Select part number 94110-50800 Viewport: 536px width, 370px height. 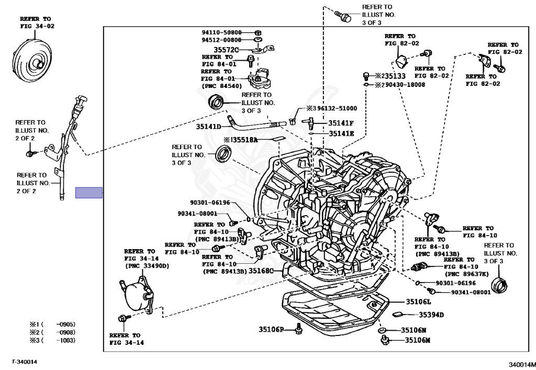point(221,32)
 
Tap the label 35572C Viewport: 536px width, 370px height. point(226,50)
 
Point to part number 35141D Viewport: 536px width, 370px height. point(208,127)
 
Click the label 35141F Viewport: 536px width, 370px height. point(341,123)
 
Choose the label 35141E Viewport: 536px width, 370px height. point(341,133)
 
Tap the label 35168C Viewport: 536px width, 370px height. point(261,271)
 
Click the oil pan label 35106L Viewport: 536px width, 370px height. point(418,301)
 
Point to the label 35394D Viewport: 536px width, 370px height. point(431,315)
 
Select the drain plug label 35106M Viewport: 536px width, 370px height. point(417,340)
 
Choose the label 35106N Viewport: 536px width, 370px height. point(414,330)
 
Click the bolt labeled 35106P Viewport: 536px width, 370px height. point(299,329)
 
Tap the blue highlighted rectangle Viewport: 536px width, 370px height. point(89,193)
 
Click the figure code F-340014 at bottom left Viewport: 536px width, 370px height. point(25,362)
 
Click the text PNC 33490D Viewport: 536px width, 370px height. point(147,266)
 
